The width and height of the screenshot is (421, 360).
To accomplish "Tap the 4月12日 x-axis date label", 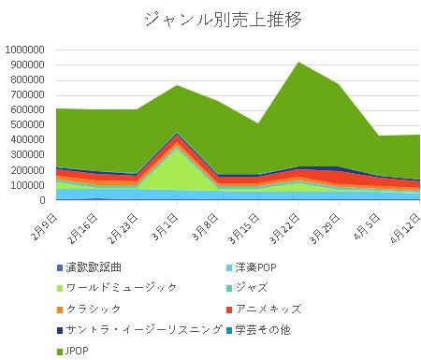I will pyautogui.click(x=403, y=223).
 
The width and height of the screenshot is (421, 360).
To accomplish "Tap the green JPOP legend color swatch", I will pyautogui.click(x=60, y=351).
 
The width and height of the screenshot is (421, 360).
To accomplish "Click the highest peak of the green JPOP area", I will pyautogui.click(x=298, y=63).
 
